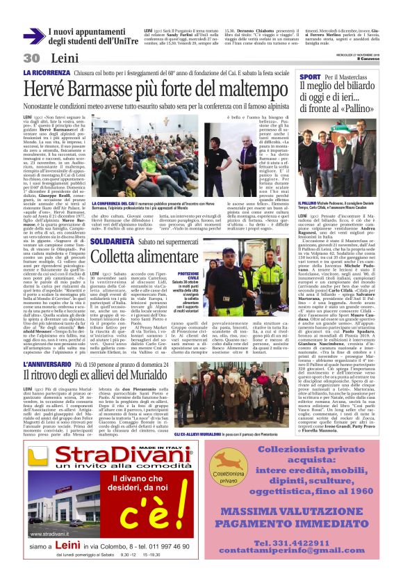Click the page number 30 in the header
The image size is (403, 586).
pyautogui.click(x=31, y=58)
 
